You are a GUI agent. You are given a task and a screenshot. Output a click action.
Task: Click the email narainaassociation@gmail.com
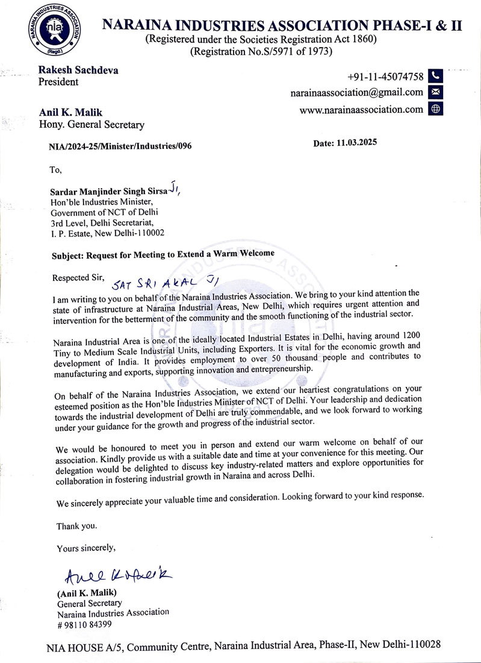356,92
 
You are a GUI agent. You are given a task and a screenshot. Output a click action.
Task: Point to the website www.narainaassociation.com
361,109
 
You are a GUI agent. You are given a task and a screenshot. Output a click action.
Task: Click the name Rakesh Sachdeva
78,70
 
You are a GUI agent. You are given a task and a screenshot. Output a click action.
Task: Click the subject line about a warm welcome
163,254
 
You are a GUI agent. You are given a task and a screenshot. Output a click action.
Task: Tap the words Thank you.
76,526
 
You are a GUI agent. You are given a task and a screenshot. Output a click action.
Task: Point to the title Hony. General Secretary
92,125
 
